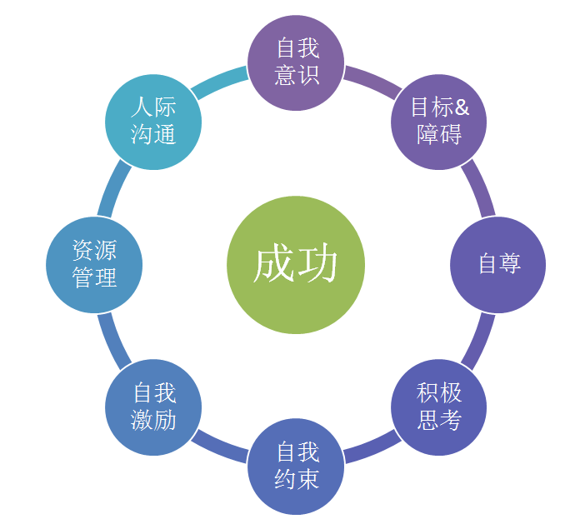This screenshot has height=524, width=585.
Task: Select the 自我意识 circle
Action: tap(297, 62)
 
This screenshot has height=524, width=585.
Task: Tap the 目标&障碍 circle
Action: tap(439, 122)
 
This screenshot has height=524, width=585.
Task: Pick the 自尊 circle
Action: tap(498, 264)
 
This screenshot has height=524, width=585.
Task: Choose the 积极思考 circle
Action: tap(439, 407)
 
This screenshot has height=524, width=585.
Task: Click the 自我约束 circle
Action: tap(297, 467)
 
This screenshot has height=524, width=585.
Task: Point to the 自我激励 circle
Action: tap(153, 407)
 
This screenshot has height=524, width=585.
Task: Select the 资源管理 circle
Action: tap(94, 264)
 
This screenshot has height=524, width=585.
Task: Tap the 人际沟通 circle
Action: tap(153, 122)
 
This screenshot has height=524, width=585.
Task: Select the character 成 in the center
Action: tap(273, 265)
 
